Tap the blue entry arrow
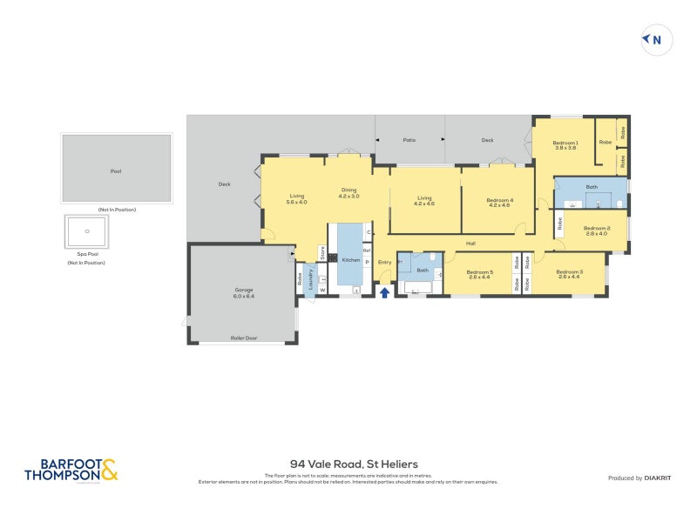tap(384, 292)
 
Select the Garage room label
tap(243, 292)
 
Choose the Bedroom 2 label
tap(597, 231)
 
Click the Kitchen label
tap(350, 260)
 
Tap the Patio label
tap(409, 140)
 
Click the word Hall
tap(470, 244)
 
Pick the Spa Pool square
tap(86, 232)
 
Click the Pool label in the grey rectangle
tap(116, 171)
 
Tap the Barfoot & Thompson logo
tap(71, 471)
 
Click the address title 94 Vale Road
tap(348, 465)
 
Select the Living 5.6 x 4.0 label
tap(296, 198)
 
